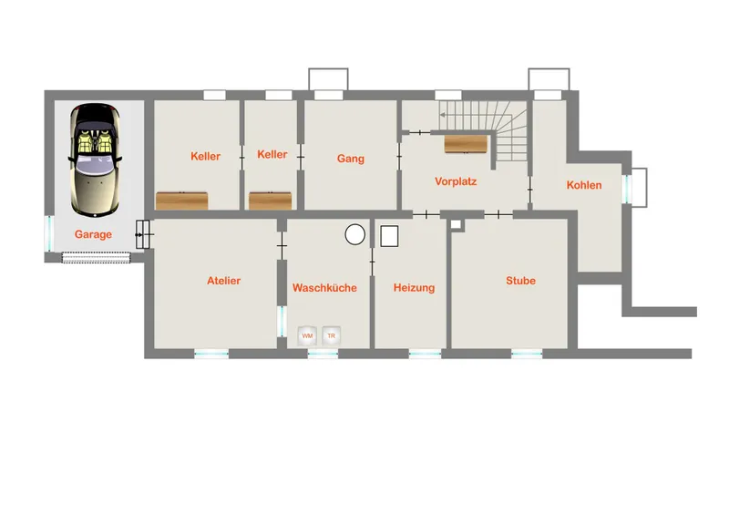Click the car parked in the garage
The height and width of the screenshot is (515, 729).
96,160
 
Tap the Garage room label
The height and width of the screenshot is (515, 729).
93,234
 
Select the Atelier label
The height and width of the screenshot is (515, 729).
223,281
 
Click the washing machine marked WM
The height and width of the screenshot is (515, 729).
307,335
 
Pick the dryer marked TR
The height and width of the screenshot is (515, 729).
331,335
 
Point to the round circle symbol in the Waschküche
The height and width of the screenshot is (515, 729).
355,234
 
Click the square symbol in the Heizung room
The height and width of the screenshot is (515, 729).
389,236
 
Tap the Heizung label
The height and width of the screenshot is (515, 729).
414,287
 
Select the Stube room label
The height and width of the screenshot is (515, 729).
520,281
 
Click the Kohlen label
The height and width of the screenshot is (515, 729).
584,185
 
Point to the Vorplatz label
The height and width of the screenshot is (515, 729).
456,181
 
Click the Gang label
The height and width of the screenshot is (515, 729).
351,159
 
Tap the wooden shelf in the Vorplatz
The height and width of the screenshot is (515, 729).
466,144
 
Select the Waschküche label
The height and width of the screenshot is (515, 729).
324,287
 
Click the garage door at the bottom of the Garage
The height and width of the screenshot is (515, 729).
97,257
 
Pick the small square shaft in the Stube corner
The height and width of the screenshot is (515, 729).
456,225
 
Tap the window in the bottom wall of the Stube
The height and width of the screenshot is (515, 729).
527,355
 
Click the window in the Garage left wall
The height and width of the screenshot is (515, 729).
49,233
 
